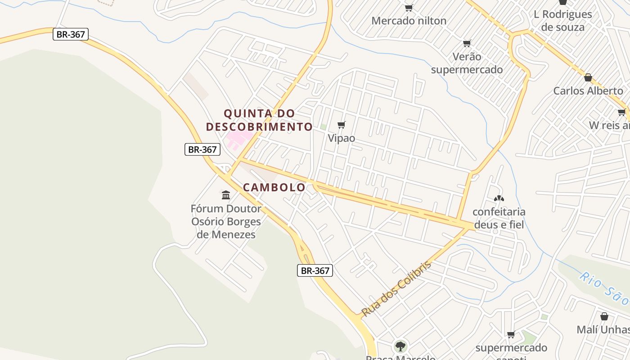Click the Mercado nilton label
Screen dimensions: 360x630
click(x=409, y=21)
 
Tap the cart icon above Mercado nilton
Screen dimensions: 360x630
click(x=409, y=8)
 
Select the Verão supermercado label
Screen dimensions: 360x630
click(x=467, y=63)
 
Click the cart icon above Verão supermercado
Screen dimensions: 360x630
click(x=467, y=44)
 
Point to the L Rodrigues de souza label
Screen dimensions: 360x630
click(x=562, y=20)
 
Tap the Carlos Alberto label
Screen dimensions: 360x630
click(x=588, y=90)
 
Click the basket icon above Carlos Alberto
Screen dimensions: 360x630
click(x=588, y=77)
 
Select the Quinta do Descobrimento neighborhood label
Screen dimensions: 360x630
click(x=259, y=120)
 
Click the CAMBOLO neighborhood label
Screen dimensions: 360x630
click(x=274, y=187)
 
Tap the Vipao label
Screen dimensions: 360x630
click(x=341, y=138)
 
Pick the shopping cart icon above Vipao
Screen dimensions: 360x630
click(x=342, y=125)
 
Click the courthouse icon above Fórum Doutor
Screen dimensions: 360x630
click(x=226, y=195)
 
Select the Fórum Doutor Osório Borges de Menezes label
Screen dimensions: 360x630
click(x=226, y=221)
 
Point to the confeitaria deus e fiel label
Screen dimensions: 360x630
click(x=499, y=218)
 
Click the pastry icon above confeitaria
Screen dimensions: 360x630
click(x=499, y=198)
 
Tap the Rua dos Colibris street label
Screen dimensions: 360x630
click(x=396, y=288)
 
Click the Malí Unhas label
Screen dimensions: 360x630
click(x=603, y=330)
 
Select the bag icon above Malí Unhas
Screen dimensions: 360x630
click(x=604, y=316)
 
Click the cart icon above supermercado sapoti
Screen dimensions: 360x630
click(x=511, y=335)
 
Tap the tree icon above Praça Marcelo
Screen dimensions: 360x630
click(x=400, y=346)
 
